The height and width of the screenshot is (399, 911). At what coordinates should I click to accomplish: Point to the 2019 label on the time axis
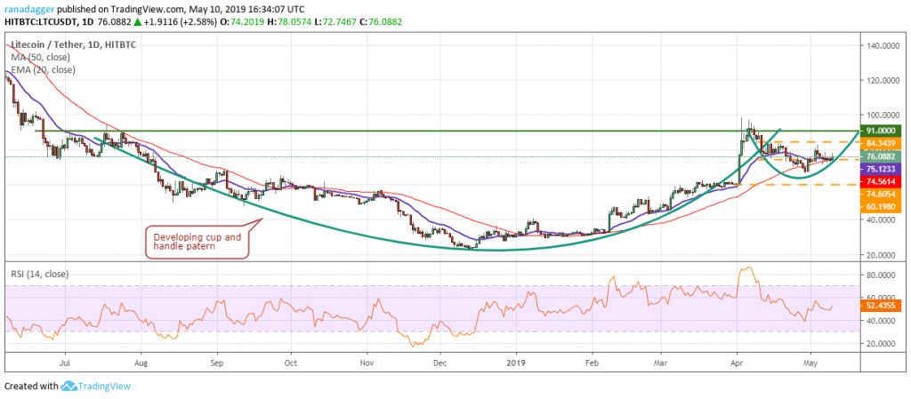(516, 363)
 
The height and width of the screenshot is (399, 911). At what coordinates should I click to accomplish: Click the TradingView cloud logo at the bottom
(68, 387)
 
